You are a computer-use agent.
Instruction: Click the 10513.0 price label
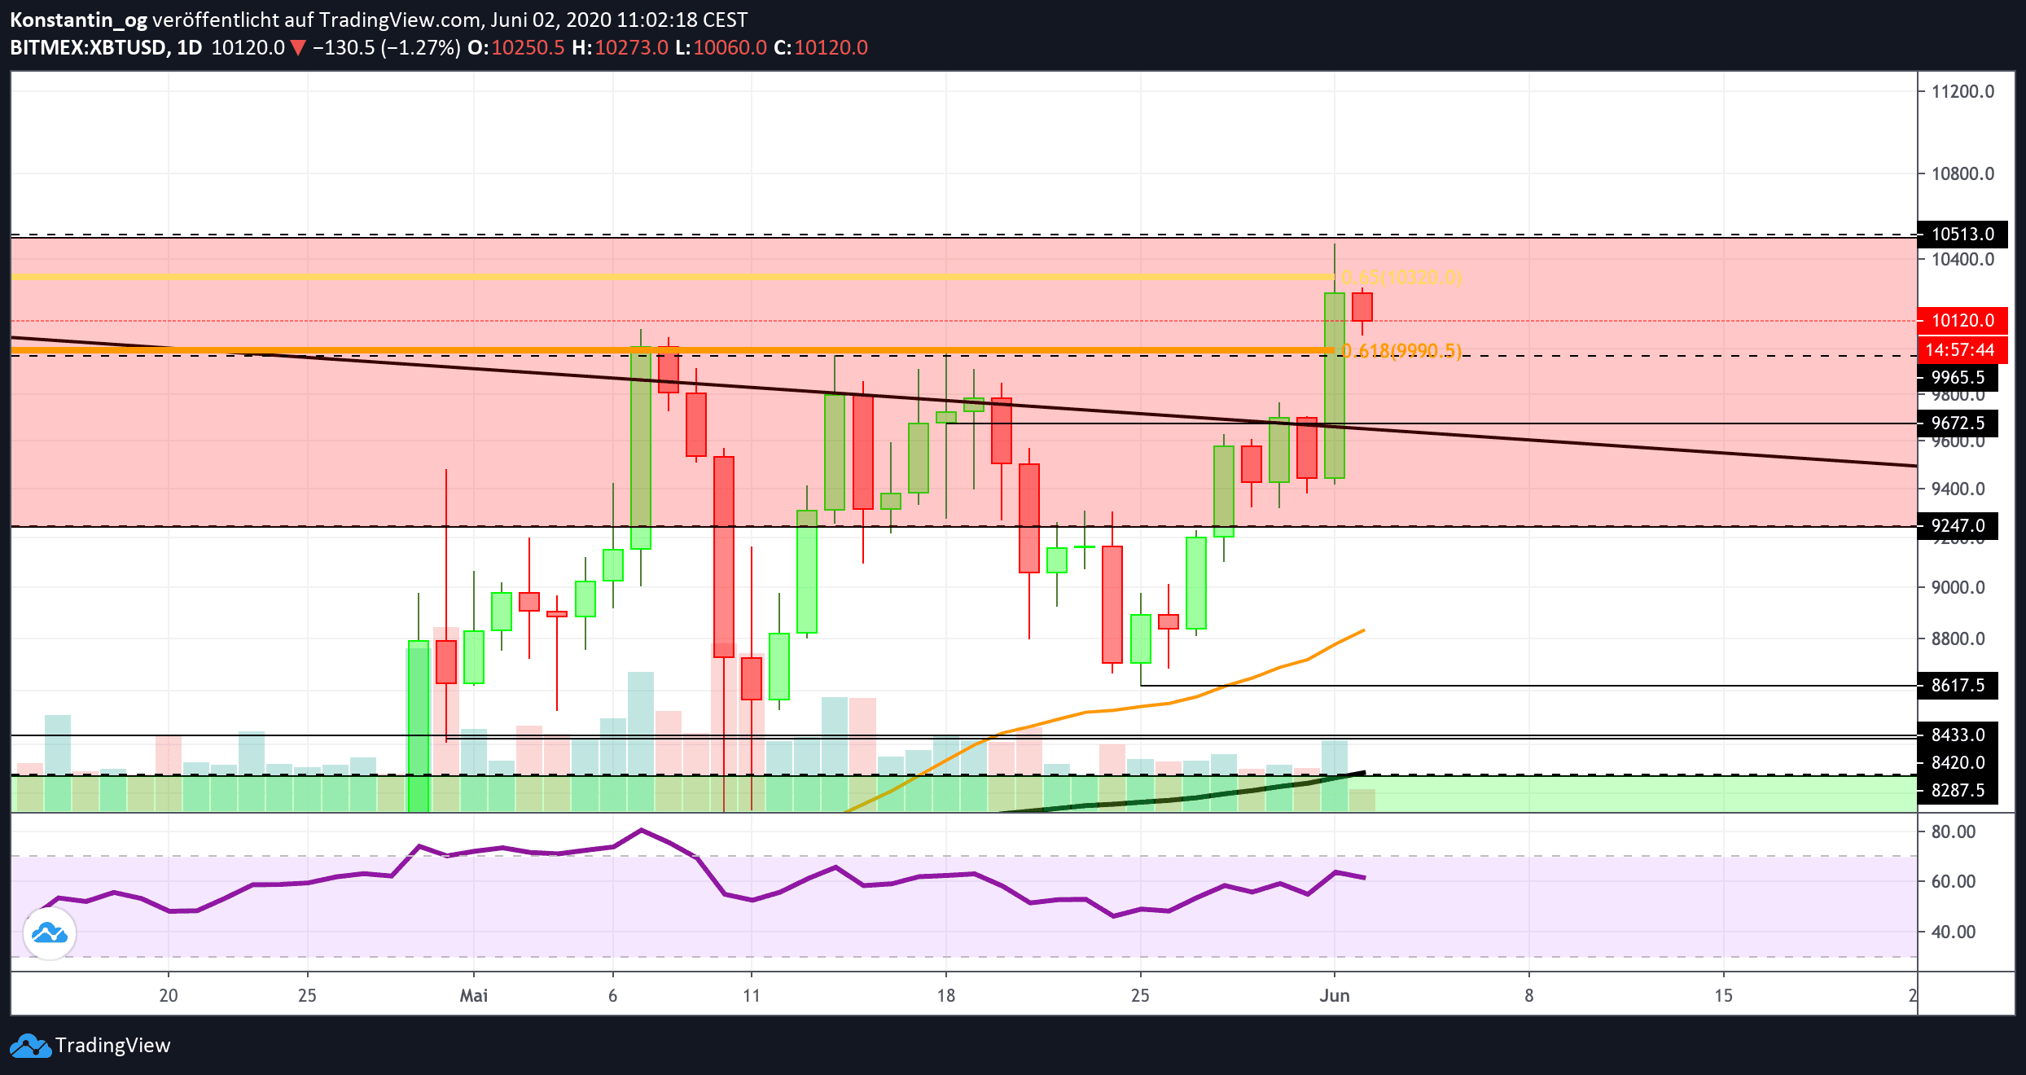pos(1962,235)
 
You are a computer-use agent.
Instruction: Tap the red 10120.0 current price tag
pos(1962,321)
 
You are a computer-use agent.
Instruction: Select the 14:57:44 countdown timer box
pos(1962,350)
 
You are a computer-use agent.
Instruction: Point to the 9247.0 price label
pos(1958,526)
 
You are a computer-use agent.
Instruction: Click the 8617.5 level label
pos(1958,686)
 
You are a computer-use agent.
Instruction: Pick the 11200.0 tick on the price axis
pos(1962,91)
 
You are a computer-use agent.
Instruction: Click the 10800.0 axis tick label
pos(1962,173)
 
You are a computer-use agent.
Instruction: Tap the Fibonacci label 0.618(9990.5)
pos(1401,351)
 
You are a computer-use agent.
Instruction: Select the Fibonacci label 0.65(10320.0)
pos(1401,278)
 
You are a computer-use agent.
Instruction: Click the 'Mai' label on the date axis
pos(474,995)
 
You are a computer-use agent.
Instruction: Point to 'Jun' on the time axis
pos(1335,995)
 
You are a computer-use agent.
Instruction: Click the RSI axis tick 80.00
pos(1953,831)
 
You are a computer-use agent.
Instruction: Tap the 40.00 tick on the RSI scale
pos(1953,932)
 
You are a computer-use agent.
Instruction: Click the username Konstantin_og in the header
pos(78,20)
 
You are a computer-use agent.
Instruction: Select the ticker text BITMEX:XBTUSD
pos(88,47)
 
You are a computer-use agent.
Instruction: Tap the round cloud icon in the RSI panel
pos(50,933)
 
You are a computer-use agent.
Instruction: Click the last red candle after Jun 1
pos(1362,307)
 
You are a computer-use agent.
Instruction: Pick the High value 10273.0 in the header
pos(631,47)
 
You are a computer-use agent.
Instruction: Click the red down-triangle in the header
pos(299,48)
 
